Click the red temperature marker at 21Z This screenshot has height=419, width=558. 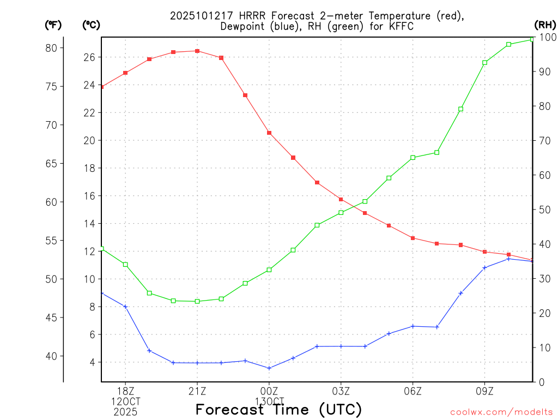[197, 51]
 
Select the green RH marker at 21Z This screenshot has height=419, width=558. [197, 301]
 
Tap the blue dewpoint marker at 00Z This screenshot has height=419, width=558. [269, 368]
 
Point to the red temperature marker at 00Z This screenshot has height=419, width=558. [269, 133]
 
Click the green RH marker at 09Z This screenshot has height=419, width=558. [484, 63]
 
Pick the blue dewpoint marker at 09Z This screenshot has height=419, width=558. [484, 267]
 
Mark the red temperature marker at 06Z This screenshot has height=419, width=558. [413, 238]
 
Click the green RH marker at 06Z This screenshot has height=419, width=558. [413, 158]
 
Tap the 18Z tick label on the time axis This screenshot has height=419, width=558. [125, 391]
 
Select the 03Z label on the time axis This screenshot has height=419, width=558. [341, 391]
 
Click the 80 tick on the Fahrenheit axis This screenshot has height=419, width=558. [51, 48]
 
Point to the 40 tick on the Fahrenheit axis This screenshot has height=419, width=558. [51, 356]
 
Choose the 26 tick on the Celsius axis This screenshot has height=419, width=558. [89, 57]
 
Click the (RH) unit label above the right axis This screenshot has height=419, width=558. [545, 25]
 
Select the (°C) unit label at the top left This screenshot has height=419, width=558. [91, 25]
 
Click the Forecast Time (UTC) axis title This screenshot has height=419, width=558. [278, 409]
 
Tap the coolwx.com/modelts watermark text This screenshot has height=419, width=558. [501, 412]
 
